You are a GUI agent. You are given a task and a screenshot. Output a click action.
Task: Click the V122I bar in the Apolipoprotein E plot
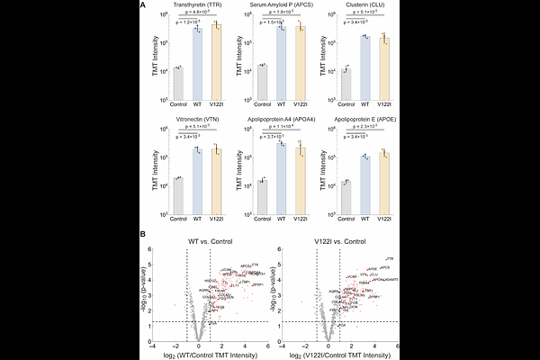[384, 184]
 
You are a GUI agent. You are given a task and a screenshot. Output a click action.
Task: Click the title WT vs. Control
[209, 239]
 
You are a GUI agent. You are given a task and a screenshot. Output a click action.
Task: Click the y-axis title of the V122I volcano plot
[286, 295]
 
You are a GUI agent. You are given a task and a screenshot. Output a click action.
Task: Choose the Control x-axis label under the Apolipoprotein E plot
[346, 218]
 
